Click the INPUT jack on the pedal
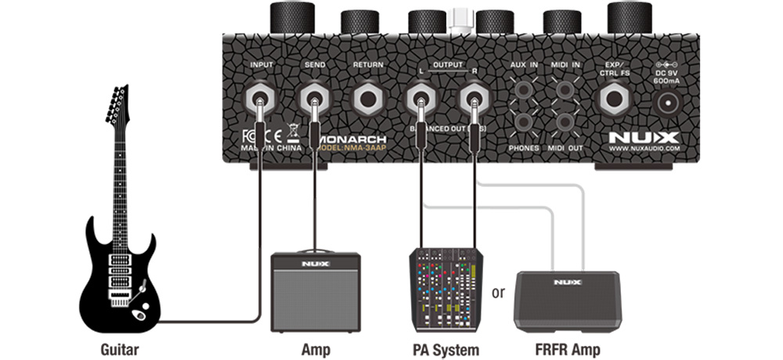click(x=258, y=99)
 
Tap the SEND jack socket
click(x=313, y=99)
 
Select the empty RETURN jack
click(x=367, y=99)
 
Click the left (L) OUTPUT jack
click(x=420, y=99)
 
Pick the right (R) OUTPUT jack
click(x=474, y=99)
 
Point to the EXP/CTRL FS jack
click(x=613, y=99)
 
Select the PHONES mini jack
click(x=525, y=122)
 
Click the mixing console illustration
click(x=443, y=290)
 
